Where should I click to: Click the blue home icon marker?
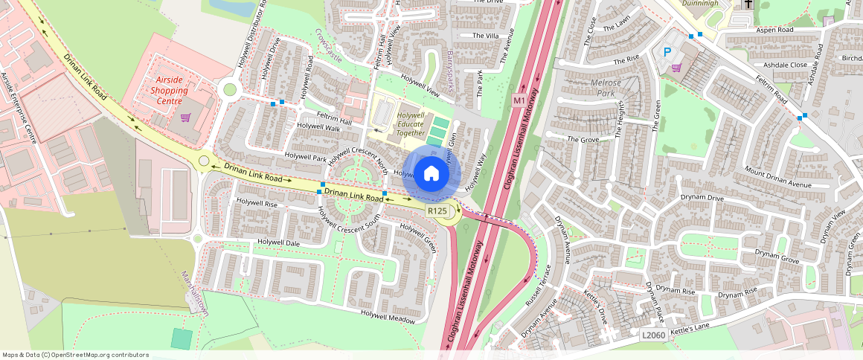coord(431,174)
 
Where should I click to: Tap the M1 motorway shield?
coord(519,100)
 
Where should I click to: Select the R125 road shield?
coord(437,211)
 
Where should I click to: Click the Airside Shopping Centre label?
coord(169,90)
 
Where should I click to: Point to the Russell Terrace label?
coord(537,287)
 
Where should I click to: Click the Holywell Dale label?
coord(278,242)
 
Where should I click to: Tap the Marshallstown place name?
coord(195,295)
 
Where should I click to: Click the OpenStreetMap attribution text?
coord(75,355)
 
